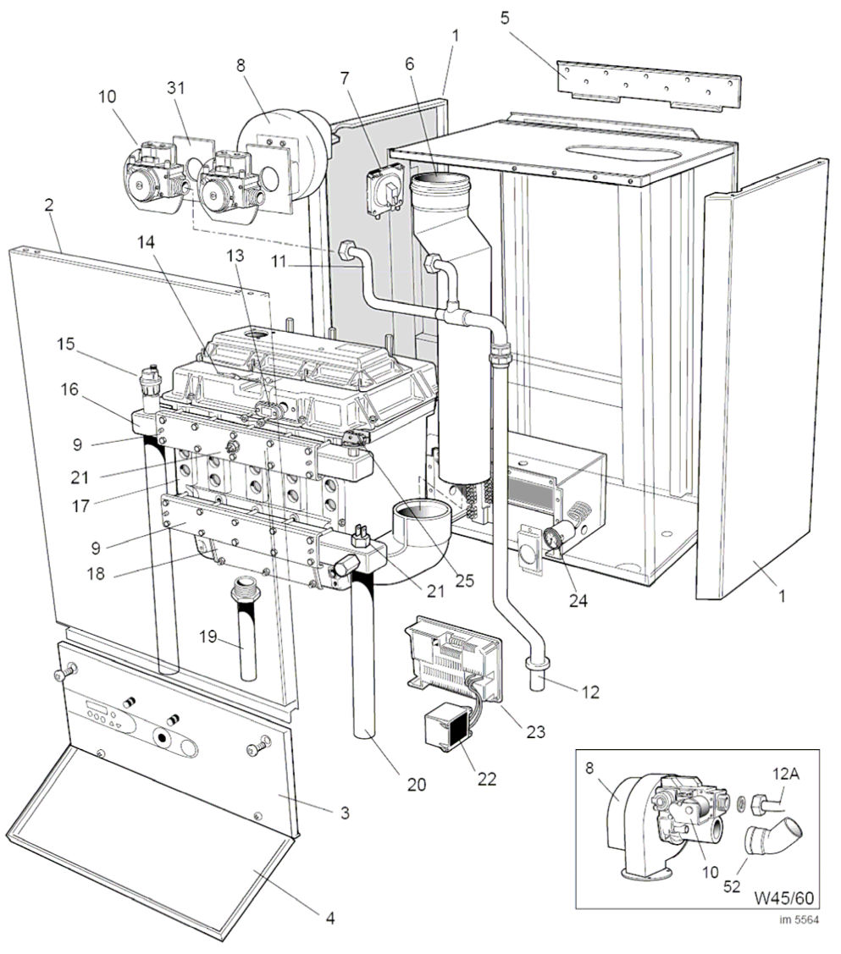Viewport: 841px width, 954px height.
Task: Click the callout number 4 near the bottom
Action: click(331, 917)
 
